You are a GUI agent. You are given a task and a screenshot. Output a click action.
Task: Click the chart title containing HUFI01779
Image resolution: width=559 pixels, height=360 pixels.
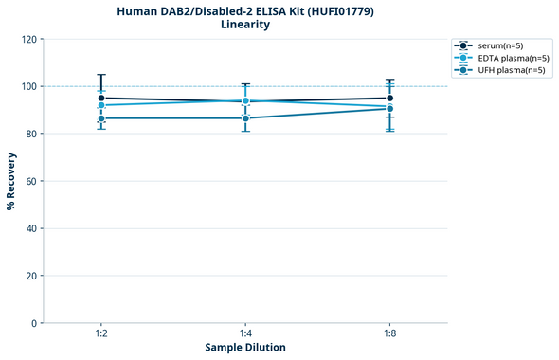[245, 11]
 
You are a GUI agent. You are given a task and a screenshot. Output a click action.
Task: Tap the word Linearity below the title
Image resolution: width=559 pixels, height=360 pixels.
[245, 26]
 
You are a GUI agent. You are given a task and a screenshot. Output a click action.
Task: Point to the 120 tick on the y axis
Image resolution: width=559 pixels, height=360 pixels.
[29, 40]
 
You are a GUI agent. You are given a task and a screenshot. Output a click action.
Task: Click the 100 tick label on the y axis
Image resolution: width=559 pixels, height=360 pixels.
[29, 87]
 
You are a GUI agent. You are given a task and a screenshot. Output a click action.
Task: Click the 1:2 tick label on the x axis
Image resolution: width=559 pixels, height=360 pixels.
[100, 334]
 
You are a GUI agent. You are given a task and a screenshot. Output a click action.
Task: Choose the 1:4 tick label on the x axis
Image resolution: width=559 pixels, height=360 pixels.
[245, 334]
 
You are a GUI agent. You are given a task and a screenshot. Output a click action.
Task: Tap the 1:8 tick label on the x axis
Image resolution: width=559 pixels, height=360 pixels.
[390, 334]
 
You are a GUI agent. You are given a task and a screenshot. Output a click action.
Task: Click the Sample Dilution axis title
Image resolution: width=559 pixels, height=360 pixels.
[245, 348]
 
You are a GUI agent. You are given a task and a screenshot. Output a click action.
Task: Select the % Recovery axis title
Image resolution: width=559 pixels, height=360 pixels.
[11, 182]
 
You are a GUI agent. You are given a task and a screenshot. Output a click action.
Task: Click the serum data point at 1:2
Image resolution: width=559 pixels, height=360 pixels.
[100, 98]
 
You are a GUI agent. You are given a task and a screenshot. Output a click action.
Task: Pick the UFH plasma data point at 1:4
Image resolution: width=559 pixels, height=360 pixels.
[245, 117]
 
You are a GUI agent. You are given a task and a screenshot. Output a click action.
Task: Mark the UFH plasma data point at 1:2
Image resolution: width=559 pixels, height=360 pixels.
[100, 117]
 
